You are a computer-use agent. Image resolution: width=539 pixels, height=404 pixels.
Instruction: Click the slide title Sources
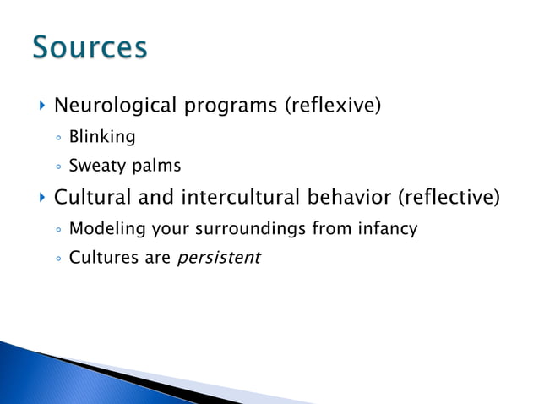pyautogui.click(x=90, y=47)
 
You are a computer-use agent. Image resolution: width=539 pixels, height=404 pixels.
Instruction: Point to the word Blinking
pyautogui.click(x=101, y=136)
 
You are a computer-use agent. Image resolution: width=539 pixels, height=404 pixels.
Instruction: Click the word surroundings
pyautogui.click(x=272, y=228)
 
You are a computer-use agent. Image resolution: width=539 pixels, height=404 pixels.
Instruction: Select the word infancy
pyautogui.click(x=388, y=228)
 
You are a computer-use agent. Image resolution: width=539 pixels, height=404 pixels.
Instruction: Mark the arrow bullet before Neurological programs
pyautogui.click(x=41, y=106)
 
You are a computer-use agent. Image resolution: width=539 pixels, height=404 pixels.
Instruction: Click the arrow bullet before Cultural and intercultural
pyautogui.click(x=41, y=199)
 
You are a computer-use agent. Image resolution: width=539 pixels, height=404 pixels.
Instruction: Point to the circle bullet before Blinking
pyautogui.click(x=57, y=137)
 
